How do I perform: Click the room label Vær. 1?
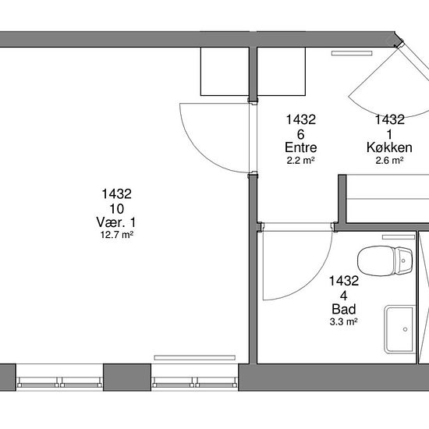point(116,222)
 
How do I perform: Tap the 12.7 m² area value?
point(117,235)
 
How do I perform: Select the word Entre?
point(300,147)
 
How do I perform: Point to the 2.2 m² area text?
point(300,161)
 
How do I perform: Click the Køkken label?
point(389,147)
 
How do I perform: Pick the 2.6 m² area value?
point(389,161)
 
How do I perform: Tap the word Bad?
point(344,309)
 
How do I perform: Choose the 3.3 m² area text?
point(344,321)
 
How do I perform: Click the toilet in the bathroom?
point(385,261)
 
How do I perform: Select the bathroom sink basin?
point(400,330)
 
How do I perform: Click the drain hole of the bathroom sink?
point(405,329)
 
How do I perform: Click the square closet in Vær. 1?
point(225,72)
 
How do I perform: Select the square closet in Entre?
point(282,72)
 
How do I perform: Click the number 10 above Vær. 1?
point(117,209)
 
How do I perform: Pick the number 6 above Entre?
point(300,135)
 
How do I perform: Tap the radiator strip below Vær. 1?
point(194,357)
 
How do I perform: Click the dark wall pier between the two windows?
point(127,378)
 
